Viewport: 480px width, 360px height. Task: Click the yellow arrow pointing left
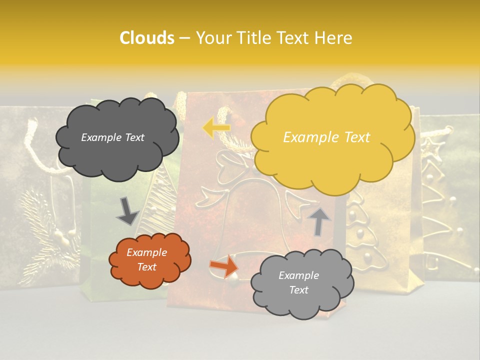point(216,128)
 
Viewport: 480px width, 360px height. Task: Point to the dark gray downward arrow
point(127,211)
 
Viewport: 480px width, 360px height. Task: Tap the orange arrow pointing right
point(224,265)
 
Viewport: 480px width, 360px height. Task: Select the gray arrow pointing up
point(319,221)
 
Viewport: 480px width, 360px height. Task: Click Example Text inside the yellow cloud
point(326,137)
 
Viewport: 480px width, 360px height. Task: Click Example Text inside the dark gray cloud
point(112,137)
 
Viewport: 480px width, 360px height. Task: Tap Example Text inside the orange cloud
point(147,259)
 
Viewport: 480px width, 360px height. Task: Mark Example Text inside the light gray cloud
point(298,282)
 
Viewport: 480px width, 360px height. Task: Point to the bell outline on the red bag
point(235,220)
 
